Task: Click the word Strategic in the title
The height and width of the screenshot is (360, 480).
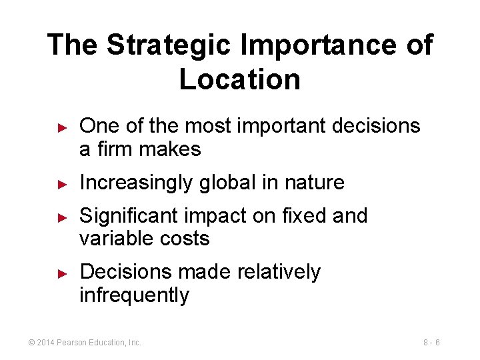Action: pyautogui.click(x=169, y=46)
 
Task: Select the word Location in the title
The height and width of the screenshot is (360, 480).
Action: pyautogui.click(x=240, y=80)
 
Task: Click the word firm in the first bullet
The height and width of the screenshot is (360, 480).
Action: pyautogui.click(x=115, y=149)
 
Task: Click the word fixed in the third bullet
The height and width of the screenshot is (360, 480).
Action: pyautogui.click(x=300, y=216)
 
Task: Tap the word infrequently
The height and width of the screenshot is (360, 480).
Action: pyautogui.click(x=134, y=295)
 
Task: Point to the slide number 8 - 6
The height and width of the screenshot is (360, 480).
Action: pyautogui.click(x=431, y=342)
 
